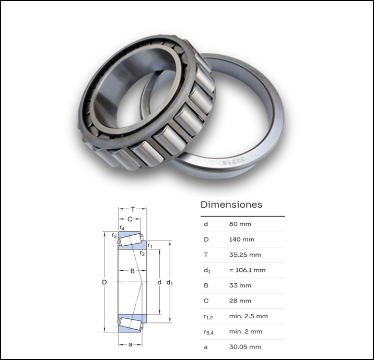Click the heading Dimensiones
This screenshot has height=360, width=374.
tap(231, 205)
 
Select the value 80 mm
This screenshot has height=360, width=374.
tap(240, 224)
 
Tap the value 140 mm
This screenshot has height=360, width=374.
tap(242, 239)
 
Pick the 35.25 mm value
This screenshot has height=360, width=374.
tap(245, 255)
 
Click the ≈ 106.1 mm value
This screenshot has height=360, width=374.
tap(248, 270)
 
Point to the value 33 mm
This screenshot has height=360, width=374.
tap(240, 285)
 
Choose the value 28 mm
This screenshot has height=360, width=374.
tap(240, 301)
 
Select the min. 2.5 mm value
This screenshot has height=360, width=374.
tap(249, 316)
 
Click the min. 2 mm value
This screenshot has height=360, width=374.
tap(246, 332)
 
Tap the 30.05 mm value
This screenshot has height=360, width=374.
tap(245, 347)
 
